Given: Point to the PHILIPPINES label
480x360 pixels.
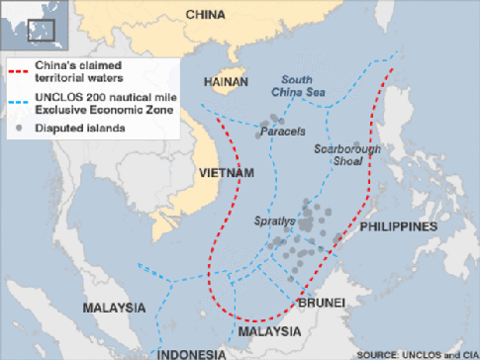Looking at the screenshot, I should (x=398, y=226).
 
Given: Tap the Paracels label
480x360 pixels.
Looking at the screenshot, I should (x=282, y=130).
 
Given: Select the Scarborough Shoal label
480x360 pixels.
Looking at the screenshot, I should (x=346, y=156).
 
